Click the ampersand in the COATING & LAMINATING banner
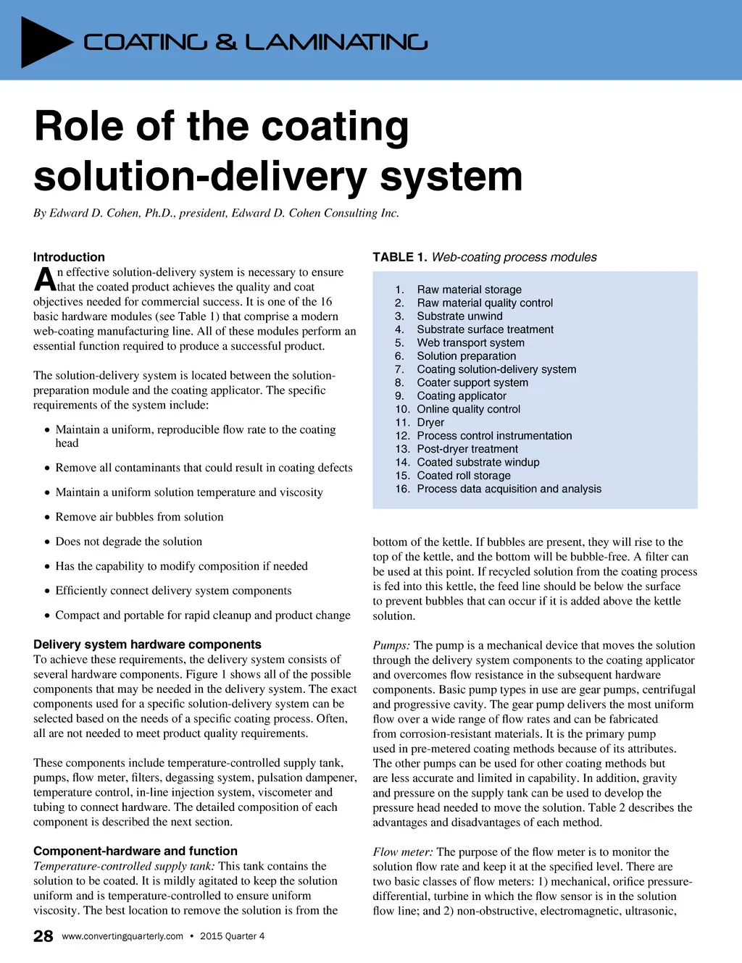[226, 42]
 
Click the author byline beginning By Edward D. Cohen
[216, 213]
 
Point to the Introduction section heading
[69, 257]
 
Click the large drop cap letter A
[45, 280]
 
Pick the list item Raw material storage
[469, 290]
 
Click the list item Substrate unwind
[459, 316]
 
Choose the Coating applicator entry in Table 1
[462, 396]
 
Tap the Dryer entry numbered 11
[430, 422]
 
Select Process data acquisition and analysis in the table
[509, 489]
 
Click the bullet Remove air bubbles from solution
[139, 517]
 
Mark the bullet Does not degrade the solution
[129, 542]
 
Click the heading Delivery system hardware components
[147, 644]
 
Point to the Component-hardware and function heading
[136, 851]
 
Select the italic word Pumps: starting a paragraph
[391, 645]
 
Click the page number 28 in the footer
[43, 936]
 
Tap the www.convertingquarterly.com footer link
[122, 936]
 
